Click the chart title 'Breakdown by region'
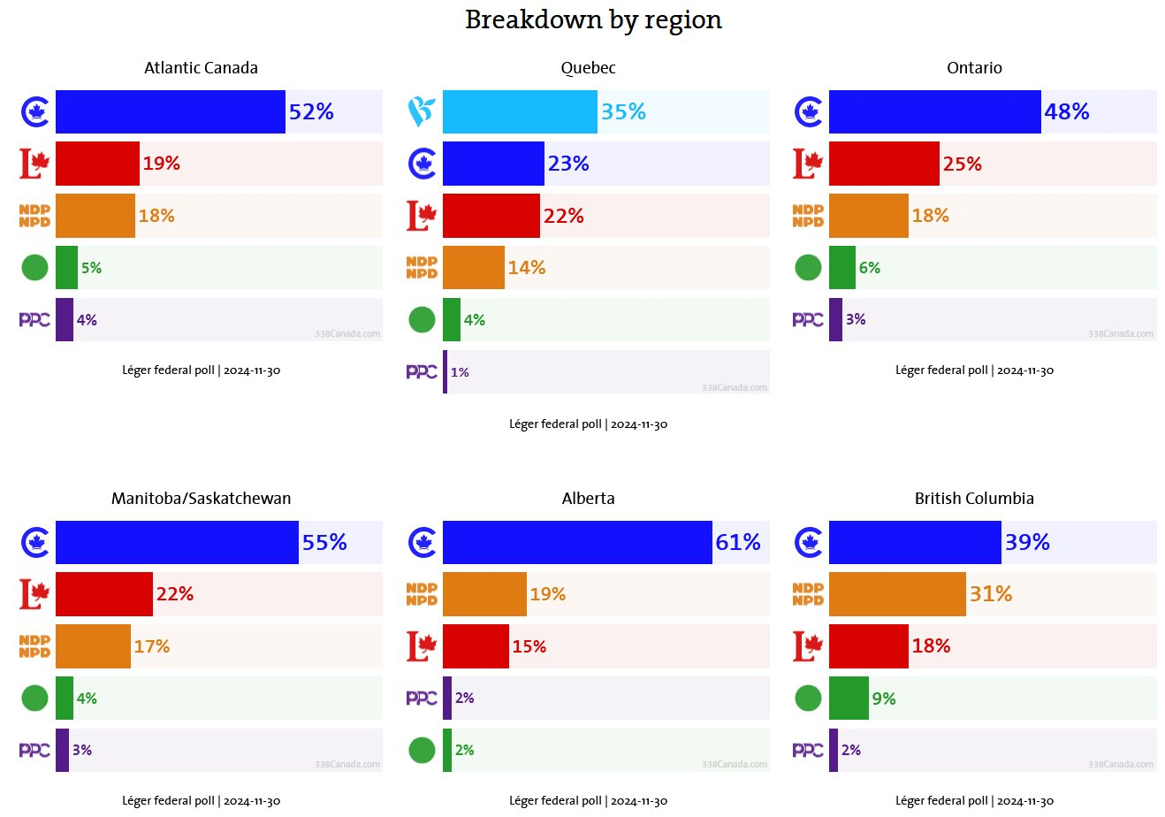pos(593,19)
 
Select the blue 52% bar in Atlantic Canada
pos(170,111)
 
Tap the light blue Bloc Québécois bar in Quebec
pos(520,111)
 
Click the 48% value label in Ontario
pos(1066,111)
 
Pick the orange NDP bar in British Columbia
pos(897,594)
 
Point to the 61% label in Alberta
pos(738,542)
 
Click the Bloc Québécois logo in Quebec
pos(422,112)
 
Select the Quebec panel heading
pos(588,68)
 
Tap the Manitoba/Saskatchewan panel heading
pos(201,499)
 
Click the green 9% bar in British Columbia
pos(849,699)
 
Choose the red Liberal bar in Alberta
pos(476,646)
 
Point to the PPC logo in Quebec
pos(422,372)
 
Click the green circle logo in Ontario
pos(808,267)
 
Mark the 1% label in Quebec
pos(460,372)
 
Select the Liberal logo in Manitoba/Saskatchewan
pos(34,594)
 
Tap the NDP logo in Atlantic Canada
pos(34,216)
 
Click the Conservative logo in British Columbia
pos(808,542)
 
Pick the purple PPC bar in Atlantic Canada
pos(64,319)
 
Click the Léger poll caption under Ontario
pos(974,370)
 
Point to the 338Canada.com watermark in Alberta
pos(735,765)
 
